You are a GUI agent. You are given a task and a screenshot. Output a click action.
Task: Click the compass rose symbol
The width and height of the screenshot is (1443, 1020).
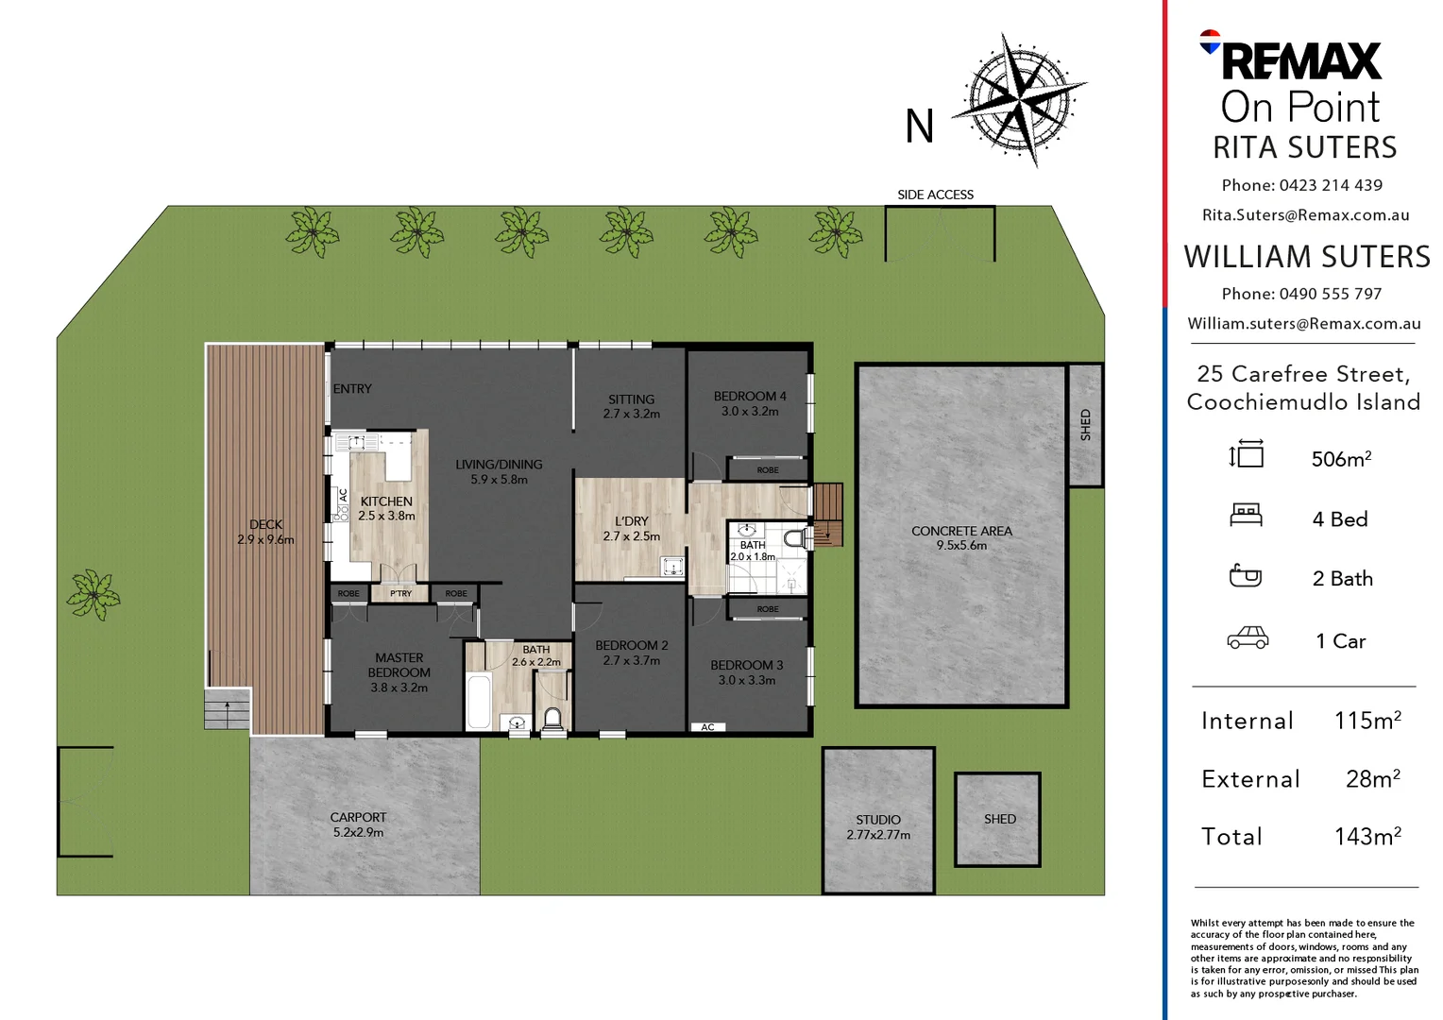point(1020,100)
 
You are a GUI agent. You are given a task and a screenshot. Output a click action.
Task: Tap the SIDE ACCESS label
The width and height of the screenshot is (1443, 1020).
point(935,195)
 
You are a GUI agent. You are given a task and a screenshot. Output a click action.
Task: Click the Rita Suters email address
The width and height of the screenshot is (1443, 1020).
point(1306,215)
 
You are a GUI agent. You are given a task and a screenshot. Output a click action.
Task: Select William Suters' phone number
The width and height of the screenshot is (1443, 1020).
point(1331,294)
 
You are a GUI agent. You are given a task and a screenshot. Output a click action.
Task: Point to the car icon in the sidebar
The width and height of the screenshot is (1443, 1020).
point(1248,637)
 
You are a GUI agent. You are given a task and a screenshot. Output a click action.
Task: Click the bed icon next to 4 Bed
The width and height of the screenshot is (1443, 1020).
point(1246,516)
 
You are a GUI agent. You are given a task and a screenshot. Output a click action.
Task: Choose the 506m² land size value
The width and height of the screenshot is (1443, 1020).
point(1341,459)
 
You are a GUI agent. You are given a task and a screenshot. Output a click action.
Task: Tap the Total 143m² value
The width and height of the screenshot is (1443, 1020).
point(1367,837)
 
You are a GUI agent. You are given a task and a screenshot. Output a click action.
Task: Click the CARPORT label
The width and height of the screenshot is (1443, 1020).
point(358,817)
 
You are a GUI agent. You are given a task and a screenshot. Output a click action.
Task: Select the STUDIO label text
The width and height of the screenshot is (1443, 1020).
point(878,820)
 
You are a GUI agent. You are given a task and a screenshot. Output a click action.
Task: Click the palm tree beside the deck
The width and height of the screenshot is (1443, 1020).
point(93,595)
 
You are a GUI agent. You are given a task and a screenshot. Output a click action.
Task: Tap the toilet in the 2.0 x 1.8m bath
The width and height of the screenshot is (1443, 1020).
point(798,538)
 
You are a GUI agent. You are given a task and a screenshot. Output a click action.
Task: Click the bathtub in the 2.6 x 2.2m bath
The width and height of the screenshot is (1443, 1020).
point(479,701)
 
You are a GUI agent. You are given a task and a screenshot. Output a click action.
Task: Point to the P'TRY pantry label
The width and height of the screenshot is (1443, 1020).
point(400,593)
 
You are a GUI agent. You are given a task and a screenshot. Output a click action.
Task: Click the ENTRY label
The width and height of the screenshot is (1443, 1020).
point(352,388)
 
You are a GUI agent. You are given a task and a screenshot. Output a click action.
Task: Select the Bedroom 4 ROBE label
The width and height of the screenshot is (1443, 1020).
point(768,470)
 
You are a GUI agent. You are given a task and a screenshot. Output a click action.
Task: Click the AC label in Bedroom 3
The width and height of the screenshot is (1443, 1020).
point(708,727)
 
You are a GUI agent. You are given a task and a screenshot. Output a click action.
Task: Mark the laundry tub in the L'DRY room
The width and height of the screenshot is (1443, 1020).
point(672,567)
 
